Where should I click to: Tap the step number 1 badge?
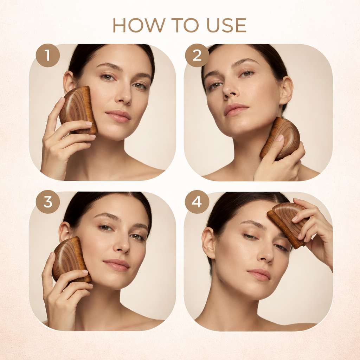coord(48,55)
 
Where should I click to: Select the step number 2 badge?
coord(197,55)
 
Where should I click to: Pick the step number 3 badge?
coord(48,202)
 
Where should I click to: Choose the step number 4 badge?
coord(197,202)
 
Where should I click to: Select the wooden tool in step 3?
coord(71,259)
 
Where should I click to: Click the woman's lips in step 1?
coord(118,116)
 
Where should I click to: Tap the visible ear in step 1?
coord(69,82)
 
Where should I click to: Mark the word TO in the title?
coord(180,25)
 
